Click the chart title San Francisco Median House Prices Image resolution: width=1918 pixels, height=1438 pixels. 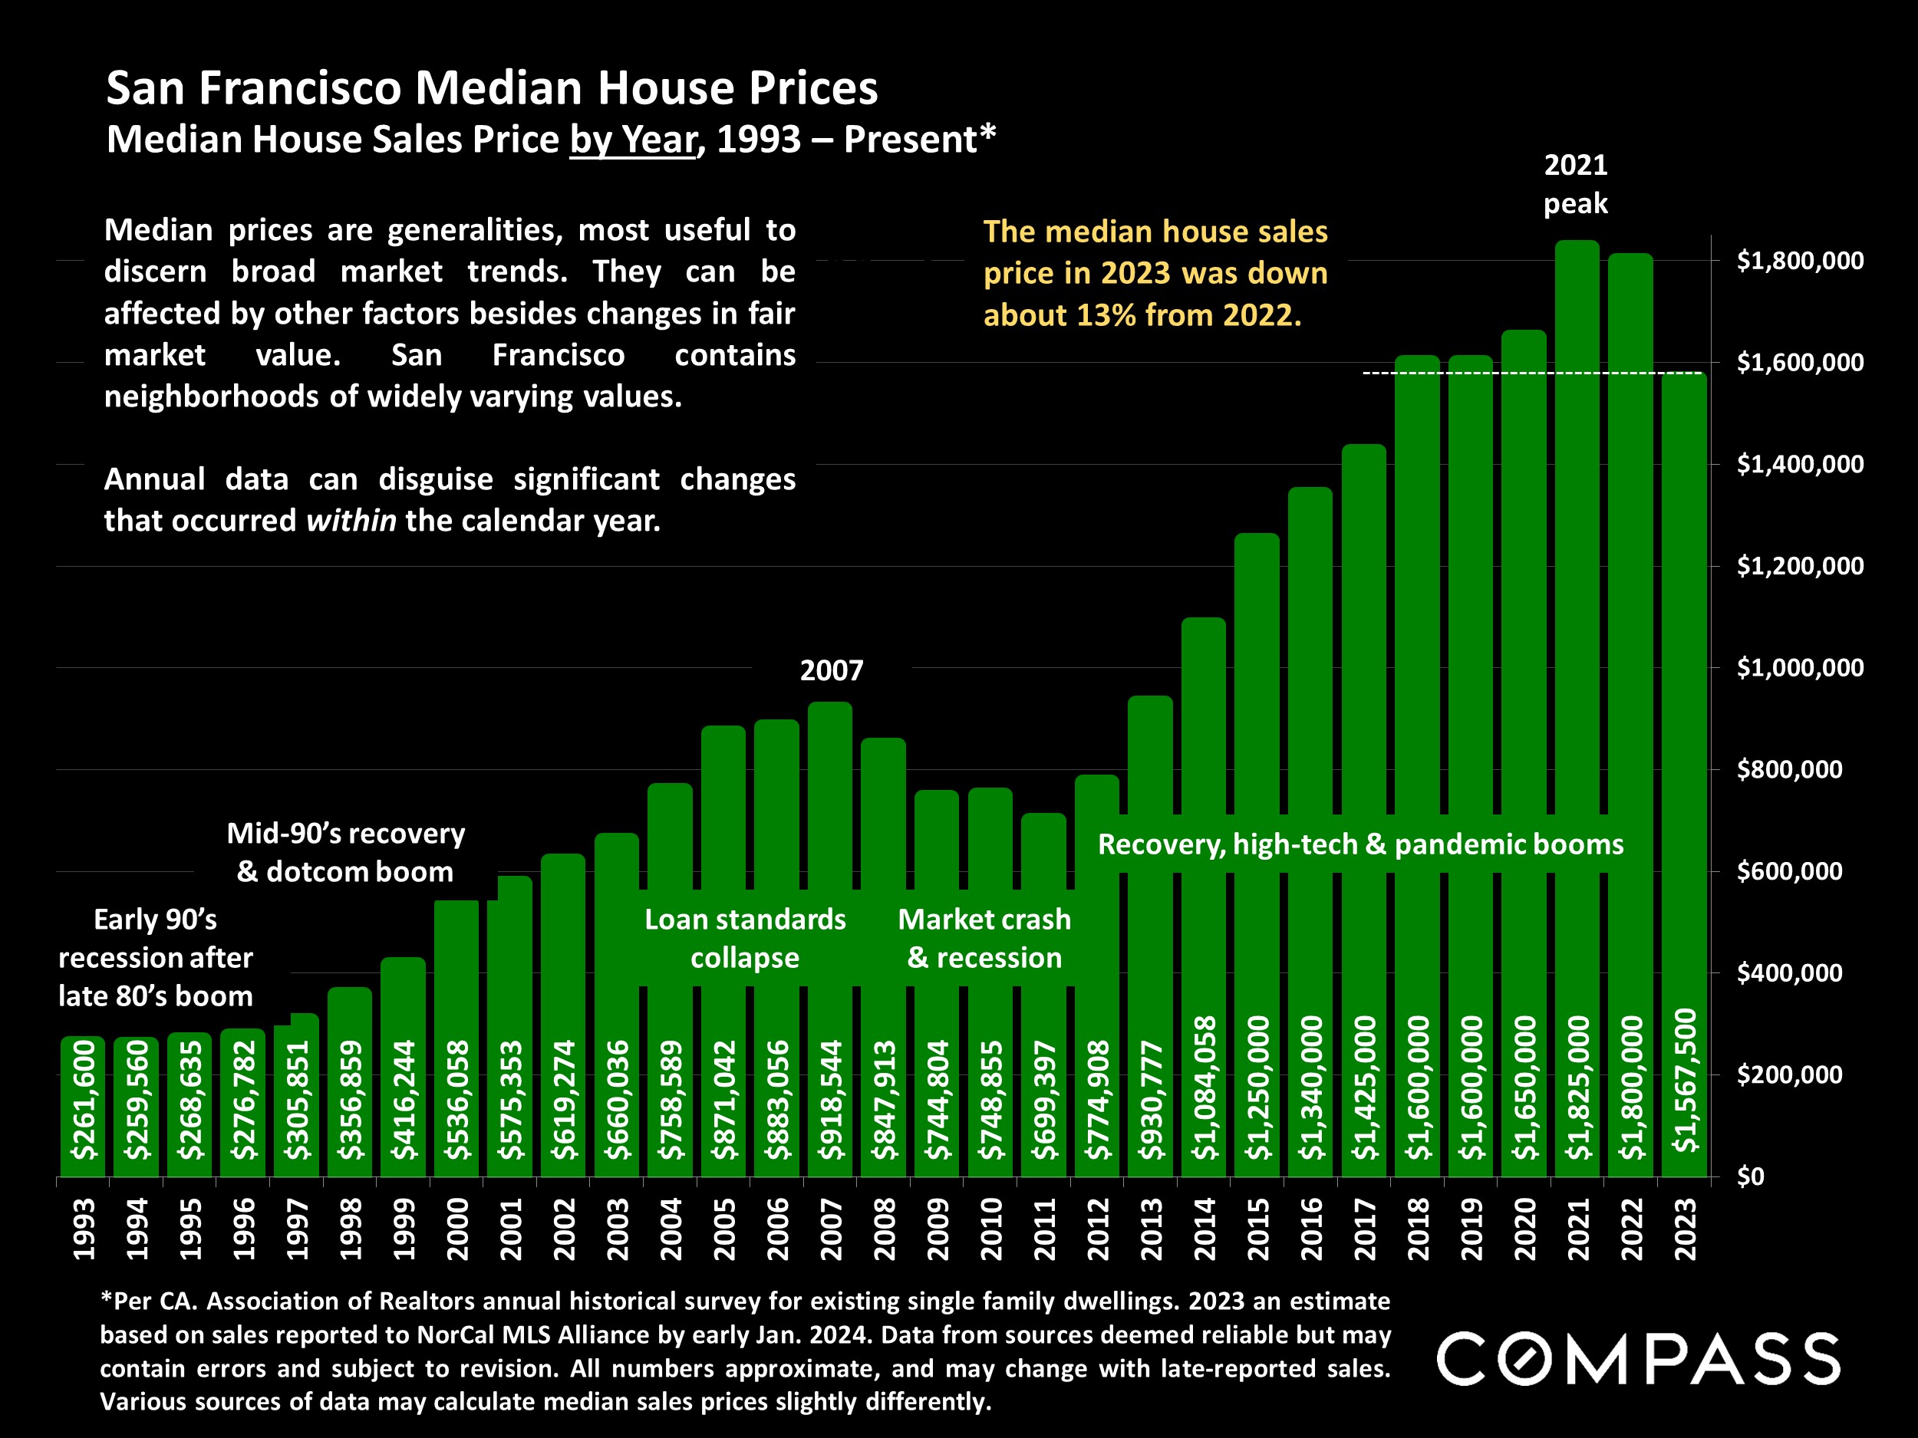pyautogui.click(x=492, y=88)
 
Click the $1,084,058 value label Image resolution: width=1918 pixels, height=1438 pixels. pyautogui.click(x=1205, y=1088)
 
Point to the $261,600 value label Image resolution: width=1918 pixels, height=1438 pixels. pyautogui.click(x=83, y=1099)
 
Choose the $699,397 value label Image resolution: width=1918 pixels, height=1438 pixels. pyautogui.click(x=1044, y=1099)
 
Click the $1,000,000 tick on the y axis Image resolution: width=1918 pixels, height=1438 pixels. pyautogui.click(x=1800, y=668)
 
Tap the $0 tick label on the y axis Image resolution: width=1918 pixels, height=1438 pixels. pyautogui.click(x=1751, y=1176)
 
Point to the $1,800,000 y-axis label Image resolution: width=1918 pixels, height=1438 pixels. pyautogui.click(x=1800, y=261)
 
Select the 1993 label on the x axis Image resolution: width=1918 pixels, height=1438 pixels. pyautogui.click(x=83, y=1229)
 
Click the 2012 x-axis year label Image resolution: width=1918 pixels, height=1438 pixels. pyautogui.click(x=1098, y=1229)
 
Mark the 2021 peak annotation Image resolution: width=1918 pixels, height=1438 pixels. pyautogui.click(x=1576, y=184)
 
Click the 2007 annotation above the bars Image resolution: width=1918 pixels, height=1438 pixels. pyautogui.click(x=832, y=671)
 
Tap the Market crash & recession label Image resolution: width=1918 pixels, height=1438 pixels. pyautogui.click(x=984, y=939)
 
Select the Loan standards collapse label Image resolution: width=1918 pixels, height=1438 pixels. pyautogui.click(x=745, y=939)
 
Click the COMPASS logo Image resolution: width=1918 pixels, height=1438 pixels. pyautogui.click(x=1638, y=1359)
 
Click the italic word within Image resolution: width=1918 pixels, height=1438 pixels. pyautogui.click(x=351, y=521)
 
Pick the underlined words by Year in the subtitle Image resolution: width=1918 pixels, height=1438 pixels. pyautogui.click(x=633, y=140)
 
